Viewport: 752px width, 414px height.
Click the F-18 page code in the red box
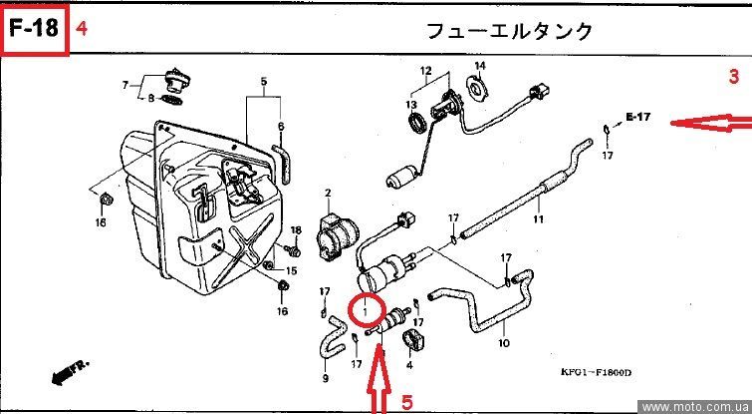pos(34,29)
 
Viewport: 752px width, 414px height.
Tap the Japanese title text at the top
pos(510,31)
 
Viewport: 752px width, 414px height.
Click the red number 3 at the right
pos(733,77)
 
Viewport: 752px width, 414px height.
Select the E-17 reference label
pos(637,118)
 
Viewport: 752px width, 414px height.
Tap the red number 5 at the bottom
pos(406,401)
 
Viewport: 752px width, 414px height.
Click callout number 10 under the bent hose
pos(504,344)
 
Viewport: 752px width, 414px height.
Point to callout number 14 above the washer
pos(479,67)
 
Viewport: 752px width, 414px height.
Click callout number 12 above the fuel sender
pos(425,71)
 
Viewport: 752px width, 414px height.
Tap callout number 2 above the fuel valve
pos(328,191)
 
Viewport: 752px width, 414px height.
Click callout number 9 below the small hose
pos(325,379)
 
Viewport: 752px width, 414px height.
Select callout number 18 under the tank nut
pos(100,222)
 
